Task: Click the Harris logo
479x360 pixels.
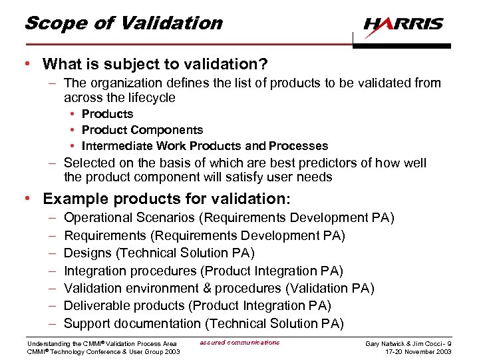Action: (403, 25)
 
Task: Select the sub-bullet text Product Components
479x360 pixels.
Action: (142, 130)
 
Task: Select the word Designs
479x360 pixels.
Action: (84, 253)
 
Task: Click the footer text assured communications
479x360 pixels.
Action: (239, 343)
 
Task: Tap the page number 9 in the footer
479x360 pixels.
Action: (450, 343)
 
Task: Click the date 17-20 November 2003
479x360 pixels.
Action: (417, 351)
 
